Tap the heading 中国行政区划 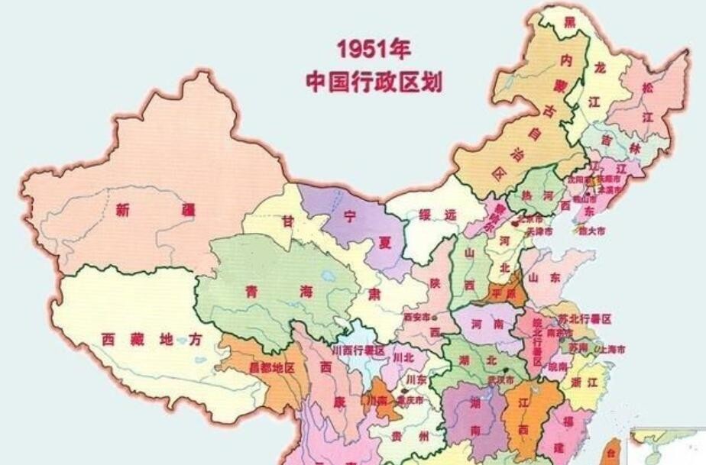tap(374, 81)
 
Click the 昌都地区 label tap(271, 367)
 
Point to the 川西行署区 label tap(358, 350)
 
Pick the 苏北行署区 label tap(585, 318)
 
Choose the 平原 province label tap(504, 292)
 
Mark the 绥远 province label tap(436, 216)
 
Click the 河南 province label tap(487, 325)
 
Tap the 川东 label tap(416, 379)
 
